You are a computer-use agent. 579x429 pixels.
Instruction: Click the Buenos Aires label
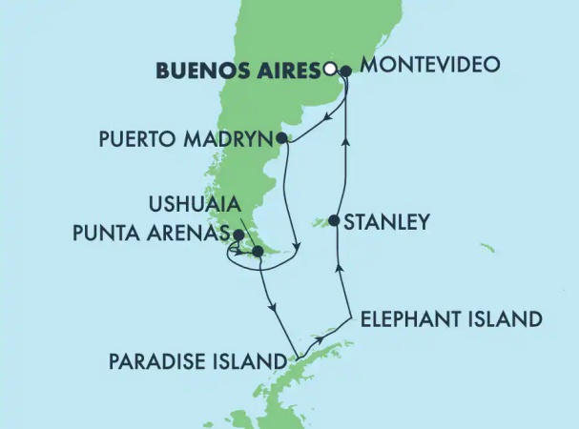pos(238,69)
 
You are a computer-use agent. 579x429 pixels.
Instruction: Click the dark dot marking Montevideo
pos(345,70)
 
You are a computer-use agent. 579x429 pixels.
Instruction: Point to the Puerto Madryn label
pos(186,138)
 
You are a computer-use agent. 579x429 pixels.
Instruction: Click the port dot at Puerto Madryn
pos(282,138)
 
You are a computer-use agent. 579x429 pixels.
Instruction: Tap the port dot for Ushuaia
pos(256,252)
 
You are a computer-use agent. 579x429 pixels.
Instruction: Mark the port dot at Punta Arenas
pos(238,232)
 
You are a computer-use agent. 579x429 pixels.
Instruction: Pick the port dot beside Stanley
pos(334,221)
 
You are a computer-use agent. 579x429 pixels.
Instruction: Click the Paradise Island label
pos(197,362)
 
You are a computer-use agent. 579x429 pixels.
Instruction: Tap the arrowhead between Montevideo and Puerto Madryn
pos(327,119)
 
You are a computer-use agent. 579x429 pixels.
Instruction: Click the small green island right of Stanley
pos(487,249)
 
